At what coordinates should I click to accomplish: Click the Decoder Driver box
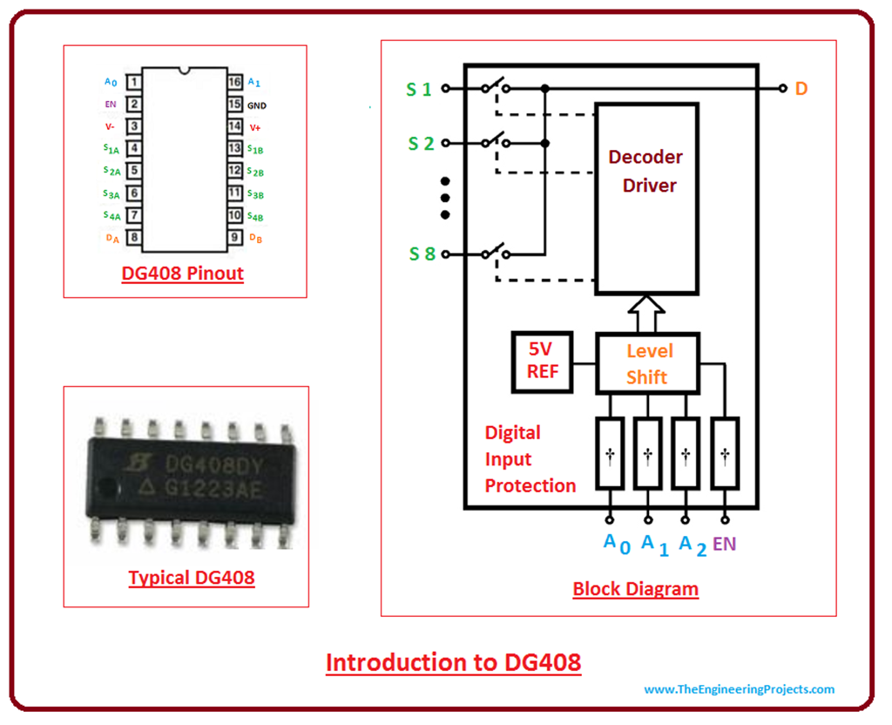pos(646,199)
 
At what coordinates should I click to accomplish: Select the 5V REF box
pos(540,361)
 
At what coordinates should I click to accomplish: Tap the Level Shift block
pos(647,362)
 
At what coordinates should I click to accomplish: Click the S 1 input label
pos(420,88)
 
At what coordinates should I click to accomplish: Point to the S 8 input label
pos(420,254)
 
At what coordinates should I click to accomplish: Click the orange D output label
pos(801,88)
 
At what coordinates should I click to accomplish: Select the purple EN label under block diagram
pos(724,544)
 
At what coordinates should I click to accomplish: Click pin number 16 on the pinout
pos(234,83)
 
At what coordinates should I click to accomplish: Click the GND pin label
pos(257,105)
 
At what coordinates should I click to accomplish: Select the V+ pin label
pos(255,127)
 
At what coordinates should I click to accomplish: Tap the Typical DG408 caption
pos(192,577)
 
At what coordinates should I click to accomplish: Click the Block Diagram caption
pos(635,589)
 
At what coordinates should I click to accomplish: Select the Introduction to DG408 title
pos(453,662)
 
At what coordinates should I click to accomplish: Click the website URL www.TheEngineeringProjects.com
pos(739,689)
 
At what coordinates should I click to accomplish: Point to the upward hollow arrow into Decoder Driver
pos(646,313)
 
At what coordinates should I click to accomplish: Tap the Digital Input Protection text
pos(530,459)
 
